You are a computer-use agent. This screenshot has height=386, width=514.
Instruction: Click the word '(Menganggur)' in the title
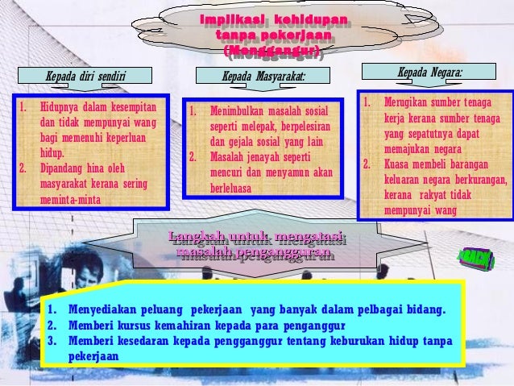click(x=274, y=53)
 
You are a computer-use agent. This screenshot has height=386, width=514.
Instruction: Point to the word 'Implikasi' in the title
click(x=228, y=19)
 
